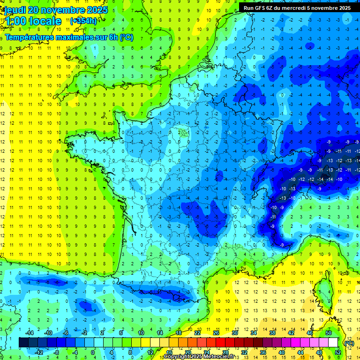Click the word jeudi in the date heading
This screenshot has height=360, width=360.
[x=15, y=10]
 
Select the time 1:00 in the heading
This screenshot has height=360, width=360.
[x=14, y=21]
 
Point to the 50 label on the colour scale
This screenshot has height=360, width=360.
[x=329, y=333]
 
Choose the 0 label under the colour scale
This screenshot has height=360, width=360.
[x=92, y=352]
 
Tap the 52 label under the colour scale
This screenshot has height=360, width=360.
[x=338, y=352]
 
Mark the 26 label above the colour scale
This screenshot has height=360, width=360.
[x=216, y=333]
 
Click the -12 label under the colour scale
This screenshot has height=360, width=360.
[x=38, y=352]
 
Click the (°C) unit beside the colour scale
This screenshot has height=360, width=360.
[x=349, y=343]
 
